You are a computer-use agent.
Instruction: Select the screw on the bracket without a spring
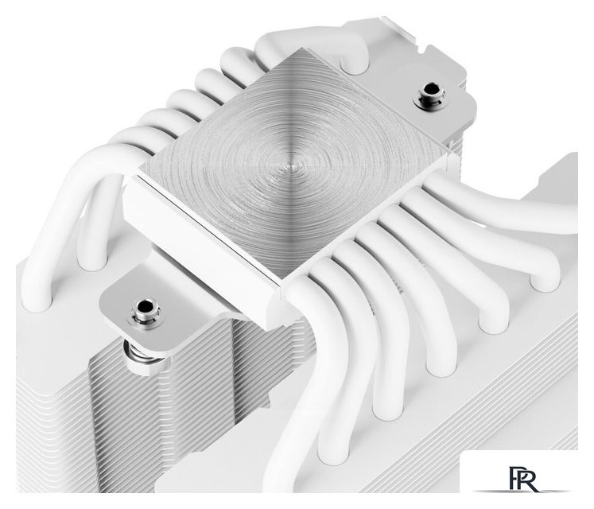coord(429,95)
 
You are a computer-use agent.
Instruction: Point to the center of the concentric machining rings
coord(290,167)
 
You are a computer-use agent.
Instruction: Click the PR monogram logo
coord(523,479)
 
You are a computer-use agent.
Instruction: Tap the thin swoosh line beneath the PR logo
coord(522,492)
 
